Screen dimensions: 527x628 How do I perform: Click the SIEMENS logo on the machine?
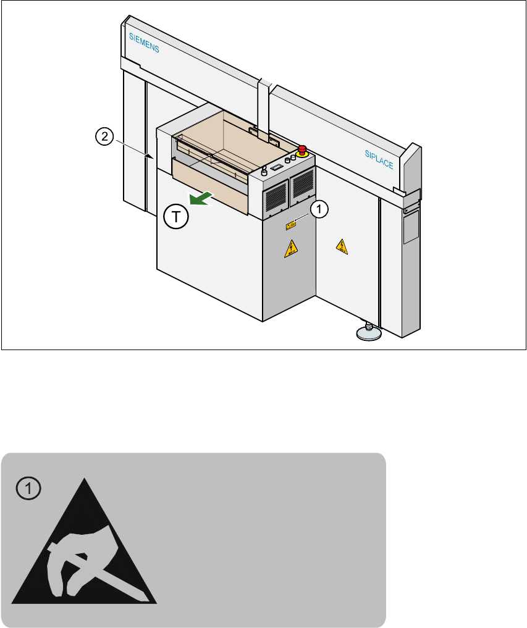pyautogui.click(x=144, y=43)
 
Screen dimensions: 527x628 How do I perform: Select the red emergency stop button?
pyautogui.click(x=303, y=149)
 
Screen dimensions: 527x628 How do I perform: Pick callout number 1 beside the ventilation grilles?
pyautogui.click(x=318, y=210)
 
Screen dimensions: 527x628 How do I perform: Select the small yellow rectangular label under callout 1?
pyautogui.click(x=290, y=226)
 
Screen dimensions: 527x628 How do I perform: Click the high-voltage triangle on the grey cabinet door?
pyautogui.click(x=289, y=249)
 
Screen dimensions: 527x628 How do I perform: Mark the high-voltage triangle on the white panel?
pyautogui.click(x=342, y=247)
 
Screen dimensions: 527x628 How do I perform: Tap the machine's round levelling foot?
pyautogui.click(x=369, y=333)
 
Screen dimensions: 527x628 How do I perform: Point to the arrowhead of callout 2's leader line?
pyautogui.click(x=150, y=157)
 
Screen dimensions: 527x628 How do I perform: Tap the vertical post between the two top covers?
pyautogui.click(x=265, y=105)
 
